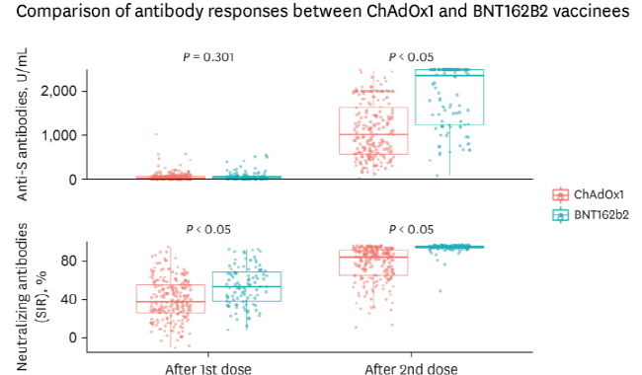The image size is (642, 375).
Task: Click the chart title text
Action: click(x=322, y=10)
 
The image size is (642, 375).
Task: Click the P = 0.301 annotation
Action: click(x=208, y=57)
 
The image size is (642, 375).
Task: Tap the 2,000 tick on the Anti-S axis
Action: click(x=58, y=91)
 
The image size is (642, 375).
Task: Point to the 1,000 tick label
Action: click(x=58, y=135)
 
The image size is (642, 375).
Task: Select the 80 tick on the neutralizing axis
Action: click(x=69, y=261)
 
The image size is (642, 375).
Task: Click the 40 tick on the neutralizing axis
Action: click(x=69, y=300)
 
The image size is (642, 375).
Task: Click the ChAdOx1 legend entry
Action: click(x=588, y=194)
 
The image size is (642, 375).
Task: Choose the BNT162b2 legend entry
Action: click(x=591, y=215)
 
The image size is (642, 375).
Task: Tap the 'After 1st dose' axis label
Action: click(x=208, y=368)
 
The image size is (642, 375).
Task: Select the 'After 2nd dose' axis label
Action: click(x=411, y=368)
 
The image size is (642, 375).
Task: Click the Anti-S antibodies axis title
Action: click(x=22, y=124)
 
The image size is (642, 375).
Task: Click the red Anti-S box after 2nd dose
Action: click(x=373, y=108)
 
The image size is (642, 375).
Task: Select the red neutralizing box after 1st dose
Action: click(x=171, y=284)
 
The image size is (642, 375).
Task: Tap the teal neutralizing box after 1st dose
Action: click(x=247, y=272)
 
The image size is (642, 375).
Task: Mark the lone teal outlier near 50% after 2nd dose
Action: click(x=441, y=291)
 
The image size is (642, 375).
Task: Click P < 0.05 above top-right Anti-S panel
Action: click(x=411, y=57)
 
